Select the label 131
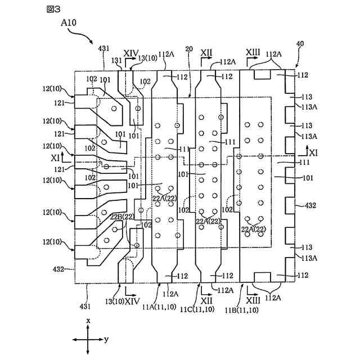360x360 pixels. tap(116, 60)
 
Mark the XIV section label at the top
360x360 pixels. tap(131, 53)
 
